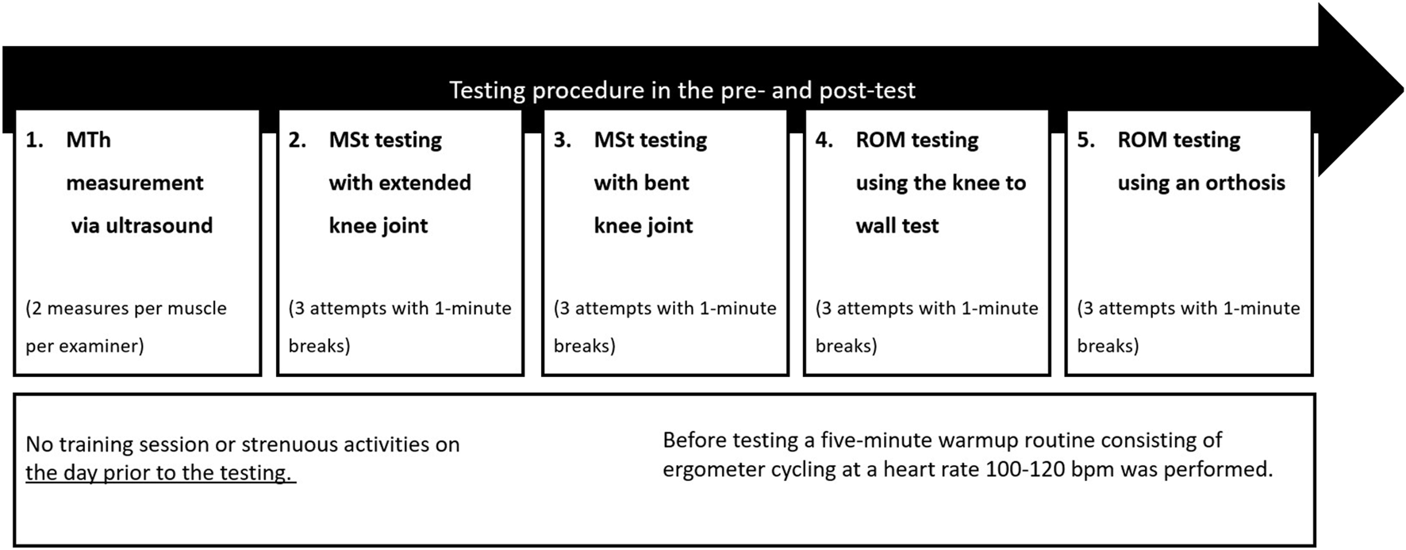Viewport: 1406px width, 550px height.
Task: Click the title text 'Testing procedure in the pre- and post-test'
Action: [682, 90]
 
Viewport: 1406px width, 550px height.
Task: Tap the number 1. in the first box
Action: [35, 140]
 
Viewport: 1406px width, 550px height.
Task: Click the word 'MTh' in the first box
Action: [88, 140]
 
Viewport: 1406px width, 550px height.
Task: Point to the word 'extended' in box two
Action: [434, 183]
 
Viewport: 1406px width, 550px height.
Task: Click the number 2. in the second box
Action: [298, 140]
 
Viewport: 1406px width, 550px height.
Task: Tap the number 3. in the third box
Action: [562, 140]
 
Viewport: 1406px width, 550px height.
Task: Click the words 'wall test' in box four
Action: [897, 225]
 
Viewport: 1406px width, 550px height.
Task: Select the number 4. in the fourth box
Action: [824, 140]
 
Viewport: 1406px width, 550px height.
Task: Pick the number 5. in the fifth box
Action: [1086, 140]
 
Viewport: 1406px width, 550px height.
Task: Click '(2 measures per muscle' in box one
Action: [126, 309]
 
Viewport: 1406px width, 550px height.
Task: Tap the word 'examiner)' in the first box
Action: [105, 347]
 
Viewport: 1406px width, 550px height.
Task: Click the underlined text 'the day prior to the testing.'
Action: [160, 473]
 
